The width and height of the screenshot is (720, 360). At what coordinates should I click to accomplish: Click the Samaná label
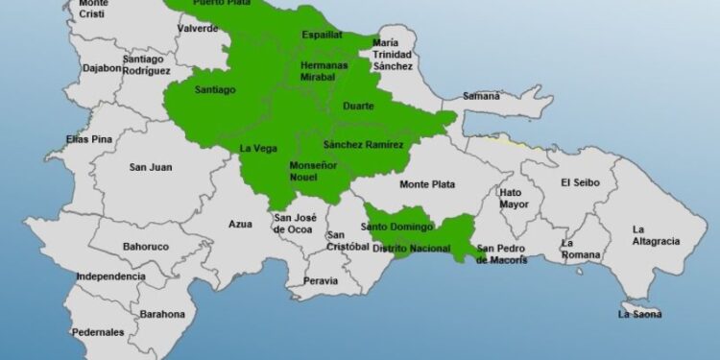(x=481, y=96)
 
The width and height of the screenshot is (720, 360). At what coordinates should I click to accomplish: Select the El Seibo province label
(x=579, y=181)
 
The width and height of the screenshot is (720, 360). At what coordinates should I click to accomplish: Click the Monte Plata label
(x=427, y=184)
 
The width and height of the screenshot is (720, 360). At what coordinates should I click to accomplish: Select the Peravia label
(x=321, y=281)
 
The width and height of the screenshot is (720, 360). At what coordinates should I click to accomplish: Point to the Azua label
(x=240, y=225)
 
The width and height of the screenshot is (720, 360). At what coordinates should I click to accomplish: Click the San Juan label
(x=151, y=167)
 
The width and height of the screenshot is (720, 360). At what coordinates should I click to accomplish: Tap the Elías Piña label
(x=89, y=140)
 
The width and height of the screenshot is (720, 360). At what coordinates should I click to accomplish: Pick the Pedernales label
(x=98, y=332)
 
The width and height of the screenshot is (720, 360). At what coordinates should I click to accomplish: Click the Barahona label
(x=162, y=314)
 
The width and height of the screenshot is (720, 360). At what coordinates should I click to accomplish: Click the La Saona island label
(x=639, y=314)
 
